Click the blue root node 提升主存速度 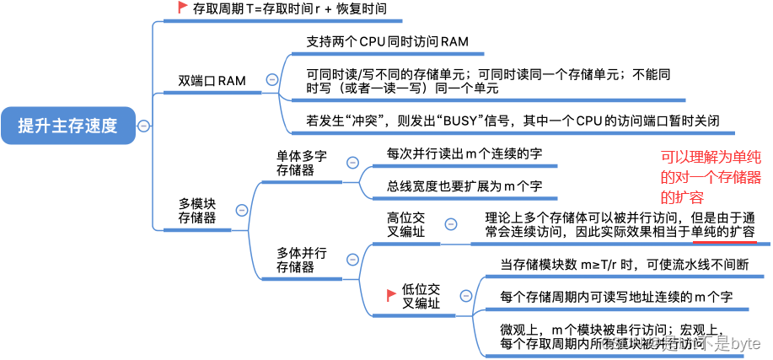[68, 126]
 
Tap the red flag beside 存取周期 [182, 8]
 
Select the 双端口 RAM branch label [212, 81]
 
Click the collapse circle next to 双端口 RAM [271, 79]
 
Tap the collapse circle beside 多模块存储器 [242, 210]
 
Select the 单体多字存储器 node [302, 164]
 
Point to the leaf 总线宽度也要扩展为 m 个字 [453, 185]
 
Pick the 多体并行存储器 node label [302, 260]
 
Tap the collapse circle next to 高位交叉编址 [450, 223]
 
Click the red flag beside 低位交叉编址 [391, 294]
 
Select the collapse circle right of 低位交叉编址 [463, 295]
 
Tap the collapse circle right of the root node [144, 126]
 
